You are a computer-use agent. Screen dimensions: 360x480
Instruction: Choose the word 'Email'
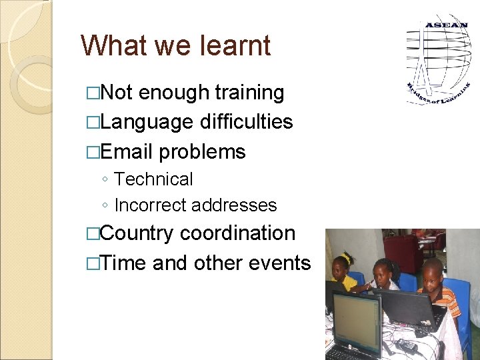pos(127,151)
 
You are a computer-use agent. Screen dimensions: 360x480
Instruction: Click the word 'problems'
pos(202,151)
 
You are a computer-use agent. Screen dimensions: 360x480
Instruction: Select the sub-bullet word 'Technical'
pos(153,179)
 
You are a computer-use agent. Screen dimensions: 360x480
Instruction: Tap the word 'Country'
pos(137,233)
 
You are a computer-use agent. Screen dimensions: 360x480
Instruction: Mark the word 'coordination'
pos(237,233)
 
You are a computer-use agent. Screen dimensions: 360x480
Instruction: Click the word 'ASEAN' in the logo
pos(446,25)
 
